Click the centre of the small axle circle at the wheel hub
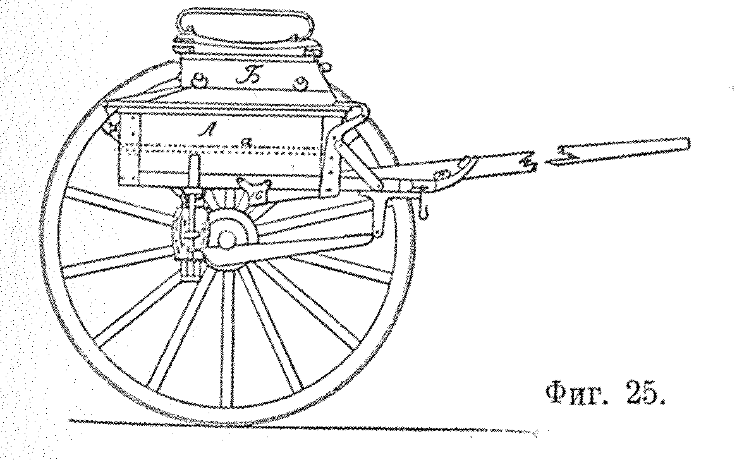coord(227,239)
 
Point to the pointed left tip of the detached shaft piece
coord(547,162)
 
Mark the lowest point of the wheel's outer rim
coord(226,421)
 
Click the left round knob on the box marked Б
coord(199,80)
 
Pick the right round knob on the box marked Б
coord(299,85)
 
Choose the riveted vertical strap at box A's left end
coord(130,147)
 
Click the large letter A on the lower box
coord(205,130)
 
